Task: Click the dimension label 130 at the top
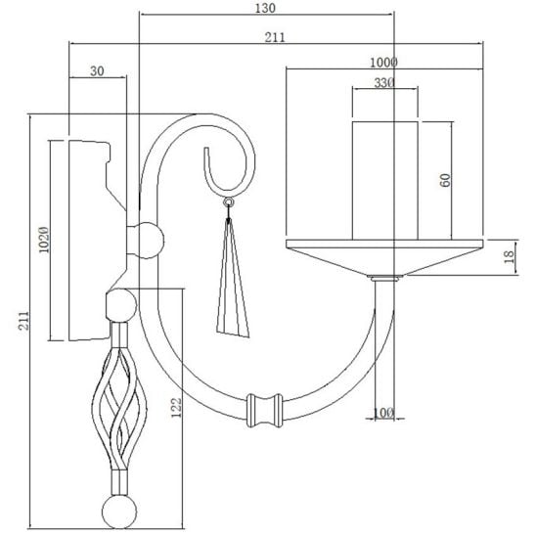point(265,8)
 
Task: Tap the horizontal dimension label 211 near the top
point(275,37)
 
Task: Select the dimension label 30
point(97,71)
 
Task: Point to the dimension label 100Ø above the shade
point(383,63)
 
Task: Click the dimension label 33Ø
point(384,83)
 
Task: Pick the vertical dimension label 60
point(445,180)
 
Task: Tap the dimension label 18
point(509,256)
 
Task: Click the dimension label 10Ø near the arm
point(383,413)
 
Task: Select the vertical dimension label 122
point(176,408)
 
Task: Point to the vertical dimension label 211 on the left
point(23,321)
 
